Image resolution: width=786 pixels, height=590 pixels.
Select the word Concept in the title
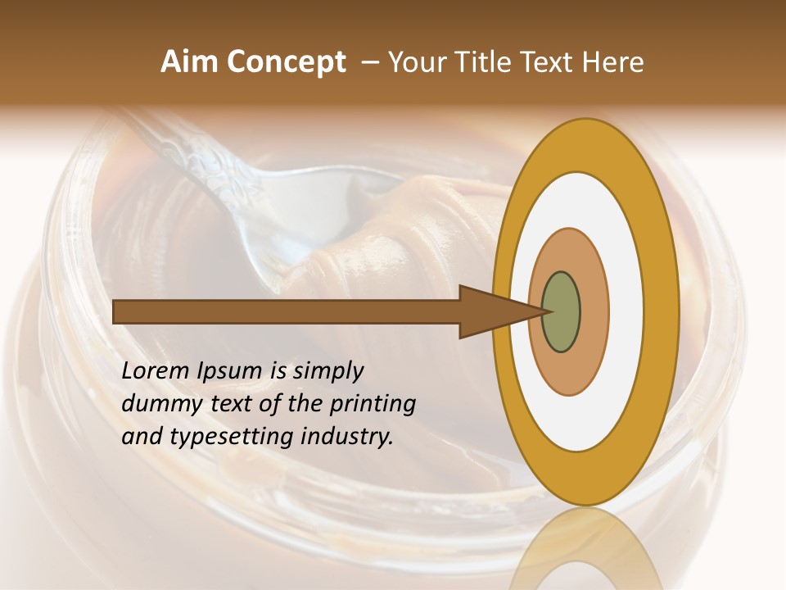pos(287,63)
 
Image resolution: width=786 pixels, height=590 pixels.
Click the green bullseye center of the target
pos(561,311)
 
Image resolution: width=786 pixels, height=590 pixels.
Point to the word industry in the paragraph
pos(347,437)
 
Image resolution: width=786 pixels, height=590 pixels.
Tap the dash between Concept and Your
pos(369,63)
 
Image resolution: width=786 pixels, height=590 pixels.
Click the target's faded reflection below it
pos(585,549)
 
